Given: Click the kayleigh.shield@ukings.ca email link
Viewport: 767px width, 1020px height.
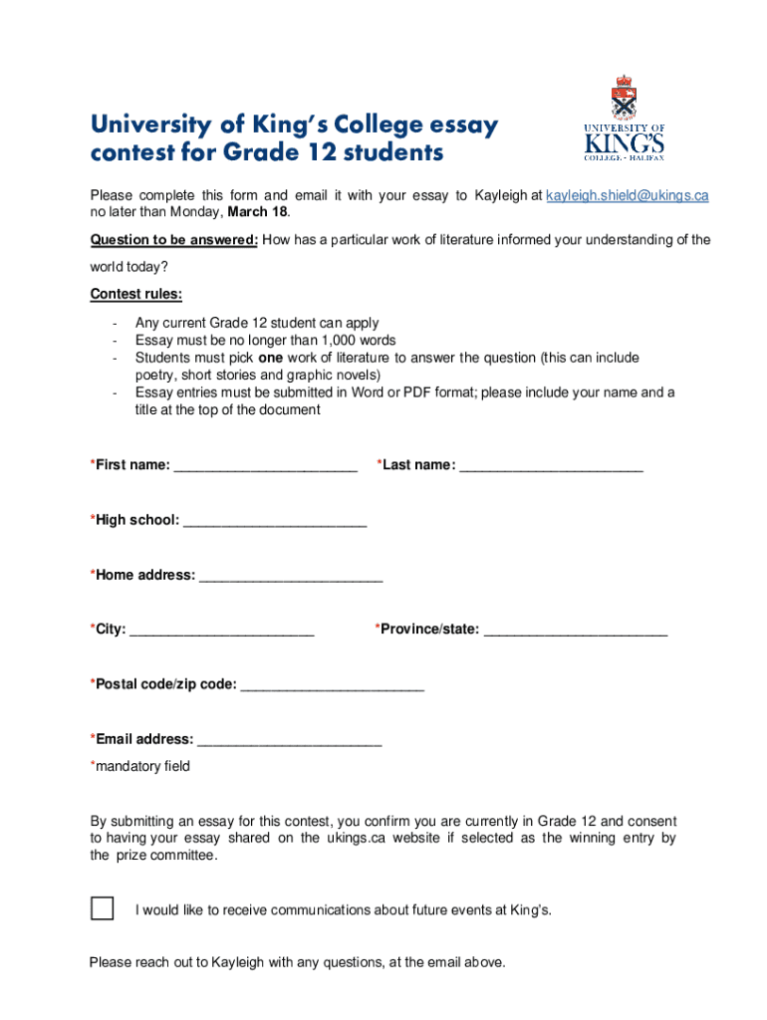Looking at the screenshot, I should pos(628,195).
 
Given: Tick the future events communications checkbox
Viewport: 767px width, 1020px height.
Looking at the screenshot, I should pos(102,908).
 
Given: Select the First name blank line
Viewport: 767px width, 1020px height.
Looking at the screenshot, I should pos(265,466).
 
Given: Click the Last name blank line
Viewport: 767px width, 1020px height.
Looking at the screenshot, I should pos(551,466).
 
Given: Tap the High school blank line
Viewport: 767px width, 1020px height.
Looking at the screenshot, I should pos(275,521).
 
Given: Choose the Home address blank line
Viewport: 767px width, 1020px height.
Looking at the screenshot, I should pos(291,576).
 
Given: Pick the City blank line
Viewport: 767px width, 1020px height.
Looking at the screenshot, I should pos(222,631).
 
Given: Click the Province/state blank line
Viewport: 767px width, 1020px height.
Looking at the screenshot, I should pos(576,631).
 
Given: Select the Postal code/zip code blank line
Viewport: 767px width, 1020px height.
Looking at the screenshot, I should pos(333,685).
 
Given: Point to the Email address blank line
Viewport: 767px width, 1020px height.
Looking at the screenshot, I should pos(290,740).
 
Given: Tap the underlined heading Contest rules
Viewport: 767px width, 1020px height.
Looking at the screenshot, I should pos(136,294).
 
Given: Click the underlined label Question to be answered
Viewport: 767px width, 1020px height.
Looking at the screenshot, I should pos(174,239).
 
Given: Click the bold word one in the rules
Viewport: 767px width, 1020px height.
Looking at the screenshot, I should pos(270,358).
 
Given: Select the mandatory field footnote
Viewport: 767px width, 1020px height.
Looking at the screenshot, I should pos(140,766).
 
